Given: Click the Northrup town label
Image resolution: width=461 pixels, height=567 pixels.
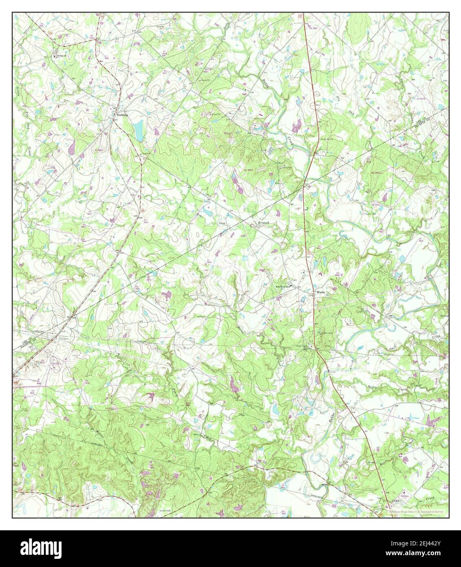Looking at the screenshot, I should tap(122, 115).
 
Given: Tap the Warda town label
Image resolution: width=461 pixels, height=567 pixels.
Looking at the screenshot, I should tap(321, 292).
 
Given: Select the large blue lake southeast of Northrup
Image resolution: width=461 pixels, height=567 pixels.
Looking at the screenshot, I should tap(139, 129).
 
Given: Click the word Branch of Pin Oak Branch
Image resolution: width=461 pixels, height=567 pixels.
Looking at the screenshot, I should tap(263, 223).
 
